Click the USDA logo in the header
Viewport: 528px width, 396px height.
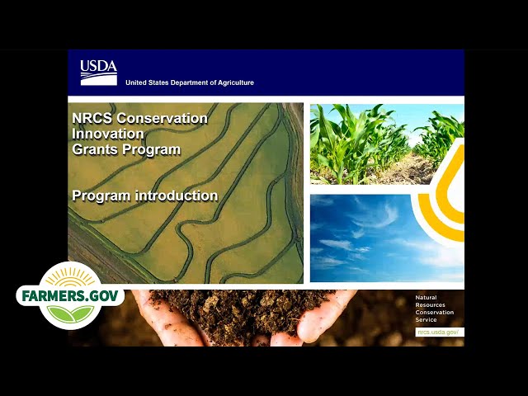click(x=99, y=73)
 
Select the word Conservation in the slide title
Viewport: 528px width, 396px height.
click(x=162, y=118)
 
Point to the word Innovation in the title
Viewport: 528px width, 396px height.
click(x=108, y=134)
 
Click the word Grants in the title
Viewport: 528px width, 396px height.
click(x=95, y=149)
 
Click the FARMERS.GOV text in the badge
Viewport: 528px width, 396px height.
click(x=70, y=296)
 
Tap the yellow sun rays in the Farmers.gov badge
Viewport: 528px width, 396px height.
click(x=70, y=277)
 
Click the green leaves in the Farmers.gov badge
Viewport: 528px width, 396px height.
click(x=70, y=313)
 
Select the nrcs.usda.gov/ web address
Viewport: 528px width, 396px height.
click(x=438, y=332)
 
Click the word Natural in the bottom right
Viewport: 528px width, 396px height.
click(x=426, y=297)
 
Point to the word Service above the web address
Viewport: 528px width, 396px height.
click(x=426, y=319)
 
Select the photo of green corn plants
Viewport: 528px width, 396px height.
click(x=387, y=144)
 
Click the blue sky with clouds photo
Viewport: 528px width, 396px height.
click(x=370, y=238)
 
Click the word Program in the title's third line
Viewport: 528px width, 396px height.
click(x=152, y=149)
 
